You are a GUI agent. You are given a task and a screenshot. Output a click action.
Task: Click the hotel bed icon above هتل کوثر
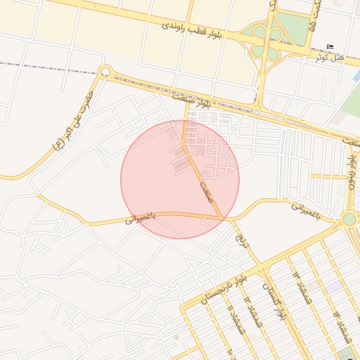(330, 46)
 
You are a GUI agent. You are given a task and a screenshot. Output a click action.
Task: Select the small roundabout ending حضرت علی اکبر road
(105, 71)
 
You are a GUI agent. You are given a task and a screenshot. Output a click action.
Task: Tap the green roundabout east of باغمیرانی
(349, 219)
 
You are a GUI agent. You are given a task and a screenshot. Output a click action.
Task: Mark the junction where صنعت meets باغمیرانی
(224, 218)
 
